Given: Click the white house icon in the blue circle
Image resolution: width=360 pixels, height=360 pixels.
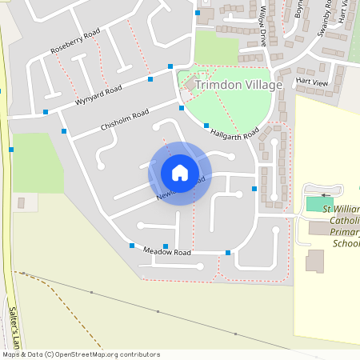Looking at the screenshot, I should click(180, 173).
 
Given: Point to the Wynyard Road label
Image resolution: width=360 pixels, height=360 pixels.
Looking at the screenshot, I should click(98, 94).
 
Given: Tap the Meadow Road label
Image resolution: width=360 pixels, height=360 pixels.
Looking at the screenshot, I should click(167, 252).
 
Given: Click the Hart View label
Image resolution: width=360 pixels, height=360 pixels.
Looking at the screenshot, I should click(311, 82).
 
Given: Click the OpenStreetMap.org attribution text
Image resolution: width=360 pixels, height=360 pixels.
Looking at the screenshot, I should click(80, 354).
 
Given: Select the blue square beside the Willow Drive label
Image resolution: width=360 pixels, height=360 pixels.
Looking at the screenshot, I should click(198, 13).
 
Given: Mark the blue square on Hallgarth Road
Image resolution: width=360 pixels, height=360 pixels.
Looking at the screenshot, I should click(206, 126).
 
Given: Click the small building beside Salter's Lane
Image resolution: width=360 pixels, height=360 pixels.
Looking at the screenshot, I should click(21, 203).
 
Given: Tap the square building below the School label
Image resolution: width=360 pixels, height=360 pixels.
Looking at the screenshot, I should click(315, 261).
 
